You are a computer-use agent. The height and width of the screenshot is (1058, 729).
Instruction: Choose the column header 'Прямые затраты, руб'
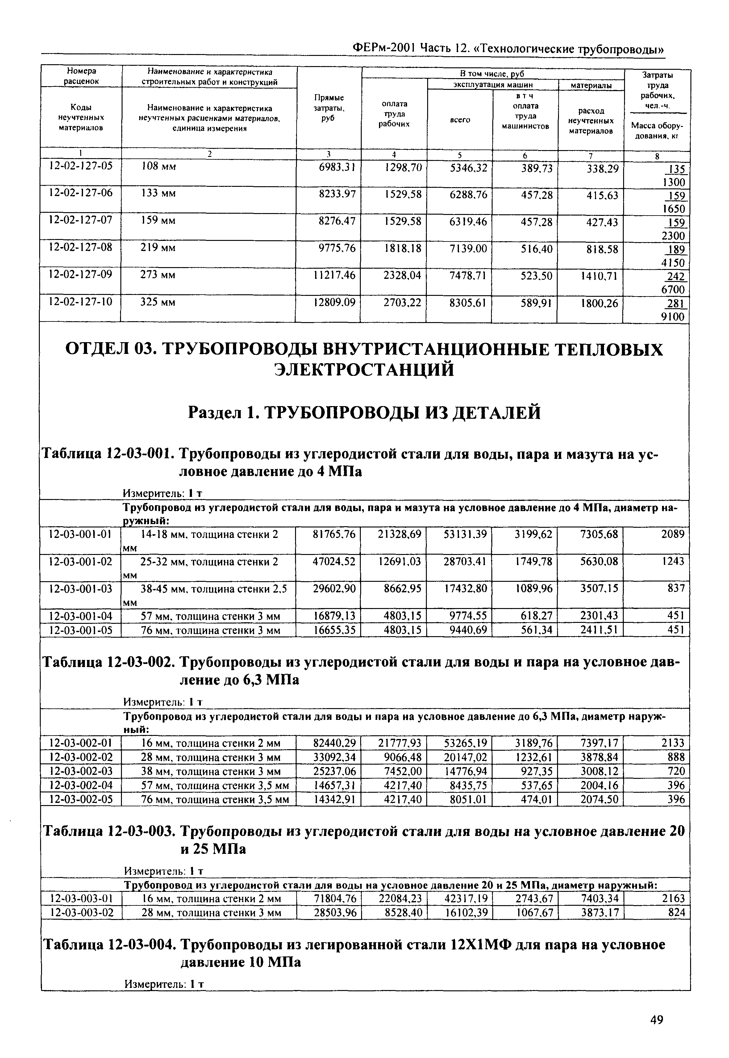pyautogui.click(x=329, y=108)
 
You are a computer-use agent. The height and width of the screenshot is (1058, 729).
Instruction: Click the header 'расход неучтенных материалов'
pyautogui.click(x=591, y=121)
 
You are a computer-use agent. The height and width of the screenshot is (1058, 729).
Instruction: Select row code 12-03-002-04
pyautogui.click(x=80, y=785)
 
